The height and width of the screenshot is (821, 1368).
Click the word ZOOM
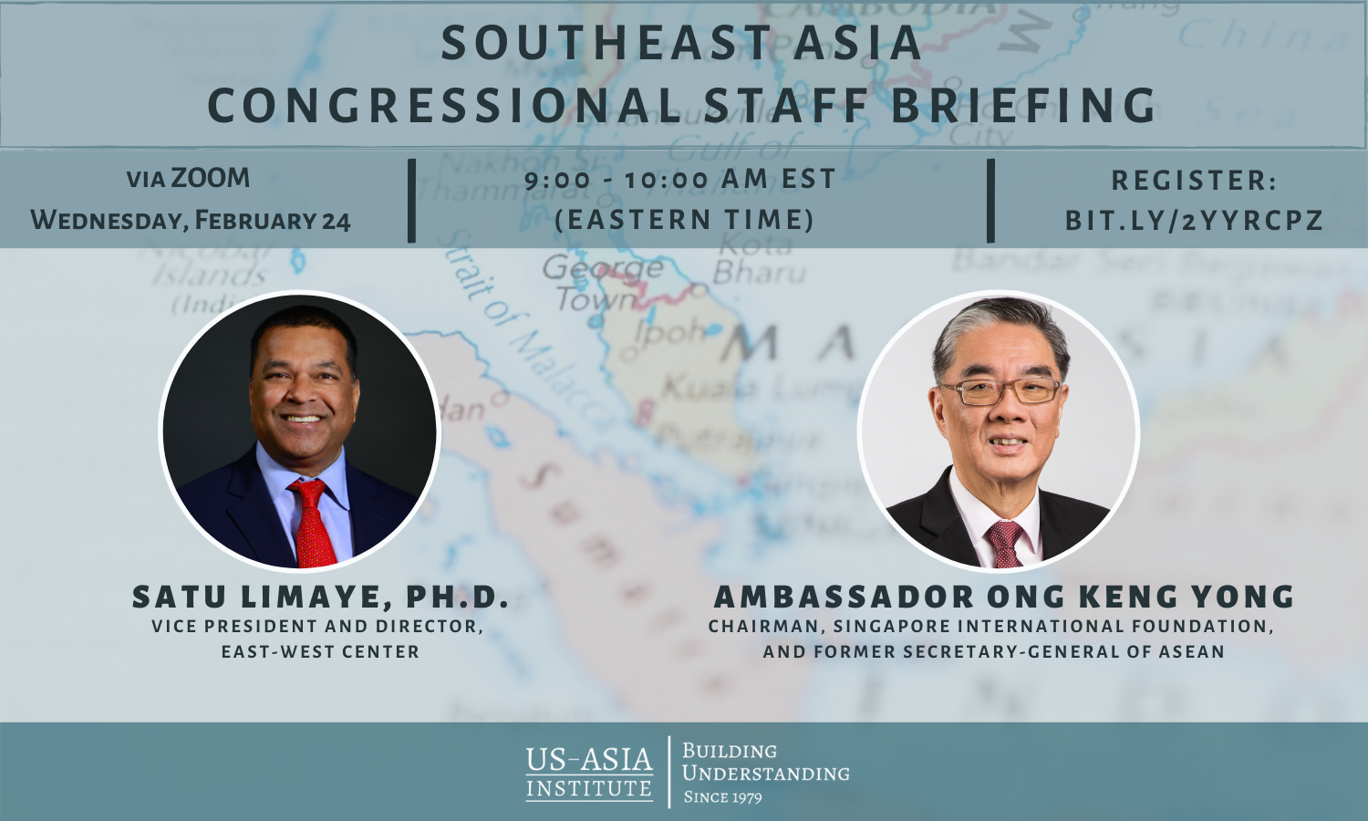tap(211, 178)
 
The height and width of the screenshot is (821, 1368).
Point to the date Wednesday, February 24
tap(191, 221)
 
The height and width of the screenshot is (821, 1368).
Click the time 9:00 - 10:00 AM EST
tap(680, 179)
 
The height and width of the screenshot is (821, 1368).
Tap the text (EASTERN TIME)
tap(684, 220)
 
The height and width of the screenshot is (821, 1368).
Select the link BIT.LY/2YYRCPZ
tap(1194, 221)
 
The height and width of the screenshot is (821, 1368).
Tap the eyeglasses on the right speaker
tap(1000, 391)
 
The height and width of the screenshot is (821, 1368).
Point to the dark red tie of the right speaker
tap(1004, 543)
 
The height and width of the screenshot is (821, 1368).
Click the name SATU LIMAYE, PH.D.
tap(320, 597)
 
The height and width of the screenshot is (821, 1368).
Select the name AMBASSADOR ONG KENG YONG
tap(1004, 597)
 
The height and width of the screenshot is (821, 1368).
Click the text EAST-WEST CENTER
tap(320, 652)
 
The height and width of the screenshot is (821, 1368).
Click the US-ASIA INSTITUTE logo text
tap(589, 773)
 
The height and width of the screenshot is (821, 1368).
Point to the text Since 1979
tap(722, 797)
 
